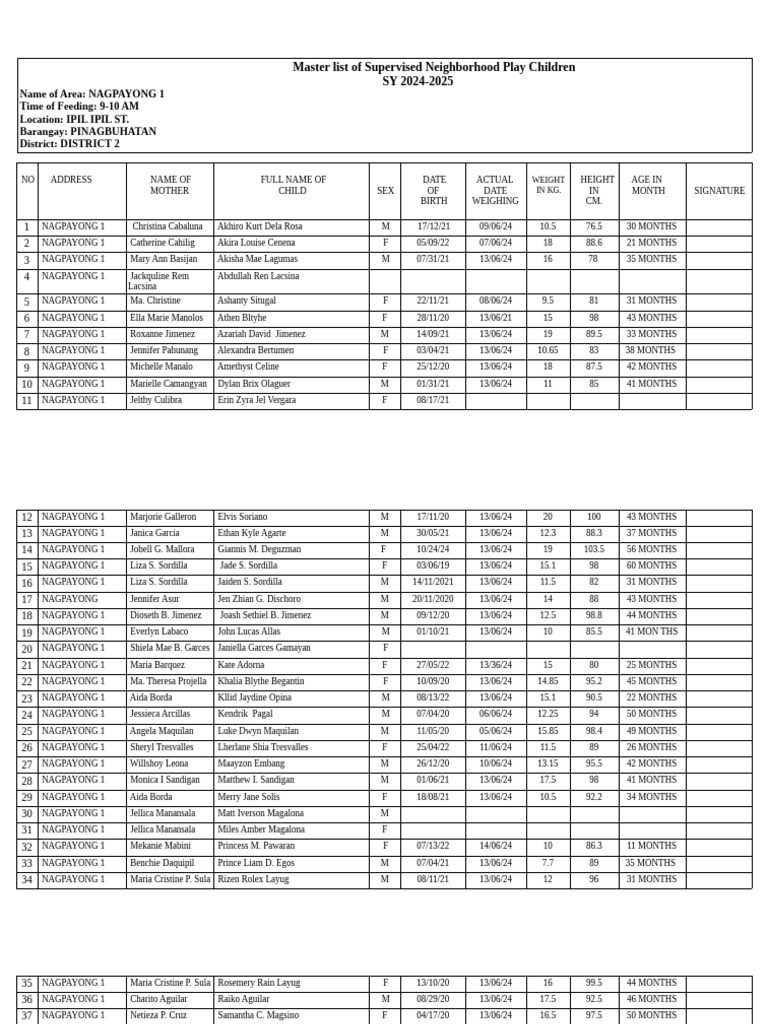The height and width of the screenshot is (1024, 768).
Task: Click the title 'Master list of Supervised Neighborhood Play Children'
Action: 433,67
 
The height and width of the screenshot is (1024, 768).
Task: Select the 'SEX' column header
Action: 385,190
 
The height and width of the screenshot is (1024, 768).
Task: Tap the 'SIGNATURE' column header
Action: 719,190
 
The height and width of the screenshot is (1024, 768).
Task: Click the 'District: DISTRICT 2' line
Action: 69,144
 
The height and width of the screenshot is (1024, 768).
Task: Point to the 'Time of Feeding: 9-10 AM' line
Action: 79,106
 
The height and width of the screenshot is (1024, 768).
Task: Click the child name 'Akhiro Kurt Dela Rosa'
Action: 259,227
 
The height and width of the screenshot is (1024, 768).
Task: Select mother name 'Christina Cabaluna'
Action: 167,227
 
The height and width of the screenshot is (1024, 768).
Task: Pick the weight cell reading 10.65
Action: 548,351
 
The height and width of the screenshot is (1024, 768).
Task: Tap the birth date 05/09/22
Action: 433,243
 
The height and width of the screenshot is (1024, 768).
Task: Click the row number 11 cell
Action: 27,401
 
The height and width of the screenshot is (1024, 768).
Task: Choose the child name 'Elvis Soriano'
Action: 242,517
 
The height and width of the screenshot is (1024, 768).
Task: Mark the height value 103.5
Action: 594,550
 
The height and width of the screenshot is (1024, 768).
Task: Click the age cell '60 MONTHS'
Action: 651,566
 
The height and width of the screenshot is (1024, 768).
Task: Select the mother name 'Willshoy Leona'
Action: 159,764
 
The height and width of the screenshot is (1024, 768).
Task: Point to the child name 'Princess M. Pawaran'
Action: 256,846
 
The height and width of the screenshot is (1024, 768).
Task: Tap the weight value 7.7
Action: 548,863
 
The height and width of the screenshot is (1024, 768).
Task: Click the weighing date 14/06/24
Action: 495,846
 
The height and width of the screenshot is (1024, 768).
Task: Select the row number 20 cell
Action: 27,649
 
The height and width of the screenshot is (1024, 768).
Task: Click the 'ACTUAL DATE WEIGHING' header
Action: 495,190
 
